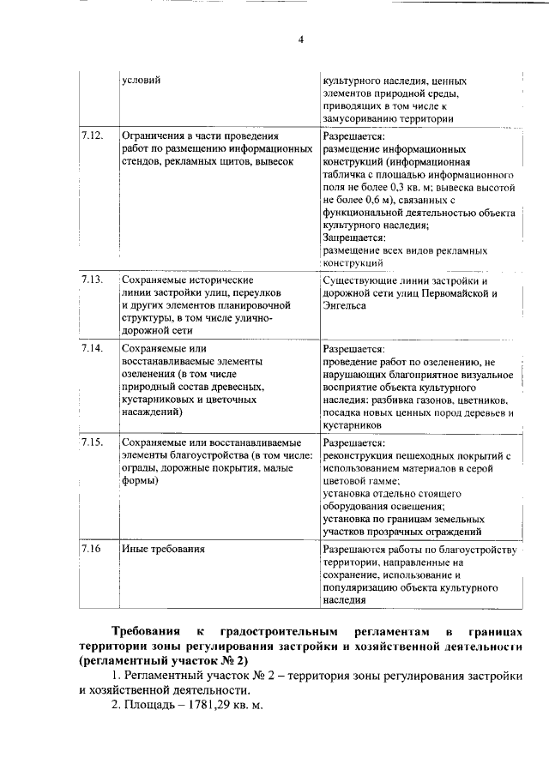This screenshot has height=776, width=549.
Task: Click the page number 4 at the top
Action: click(x=277, y=39)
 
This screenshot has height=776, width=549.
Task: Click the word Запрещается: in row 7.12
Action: click(x=353, y=237)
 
